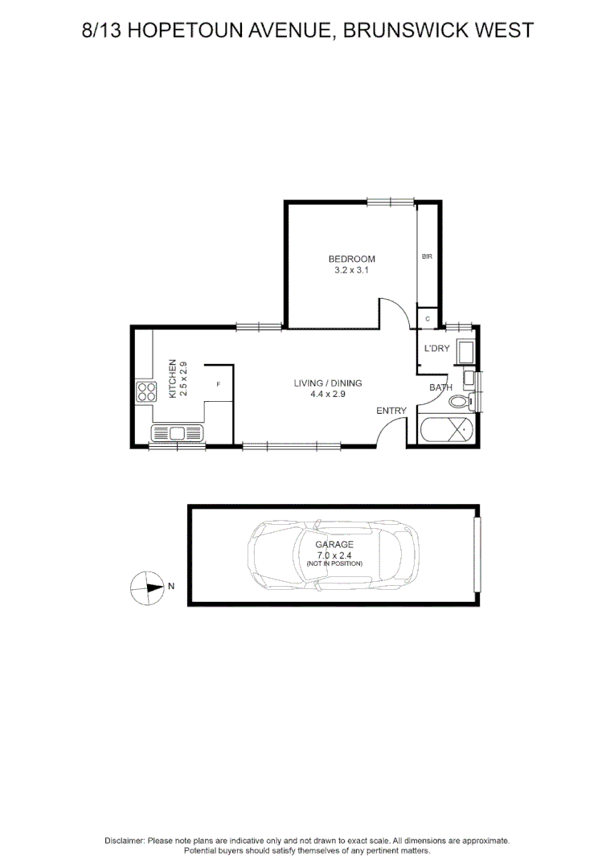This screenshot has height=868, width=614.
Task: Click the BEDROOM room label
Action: coord(351,259)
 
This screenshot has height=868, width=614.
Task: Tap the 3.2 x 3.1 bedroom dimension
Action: coord(351,271)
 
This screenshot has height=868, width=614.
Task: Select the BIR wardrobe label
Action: coord(428,256)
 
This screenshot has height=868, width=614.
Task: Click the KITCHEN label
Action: coord(171,379)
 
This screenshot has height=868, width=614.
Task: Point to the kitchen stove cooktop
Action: coord(147,392)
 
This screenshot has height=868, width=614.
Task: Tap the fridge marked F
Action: coord(219,384)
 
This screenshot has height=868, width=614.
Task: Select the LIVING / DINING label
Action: coord(328,383)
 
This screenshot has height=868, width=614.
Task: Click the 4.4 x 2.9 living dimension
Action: coord(328,395)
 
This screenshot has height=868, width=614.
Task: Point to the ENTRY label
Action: coord(391,411)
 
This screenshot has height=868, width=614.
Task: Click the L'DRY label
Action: coord(436,348)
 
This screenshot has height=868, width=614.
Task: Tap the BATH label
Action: coord(440,387)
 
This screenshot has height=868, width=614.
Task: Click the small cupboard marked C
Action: coord(428,319)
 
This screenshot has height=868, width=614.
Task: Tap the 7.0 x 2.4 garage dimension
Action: coord(334,555)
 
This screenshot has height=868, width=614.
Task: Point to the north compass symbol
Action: coord(147,588)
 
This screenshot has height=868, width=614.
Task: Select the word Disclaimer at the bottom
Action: coord(125,841)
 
